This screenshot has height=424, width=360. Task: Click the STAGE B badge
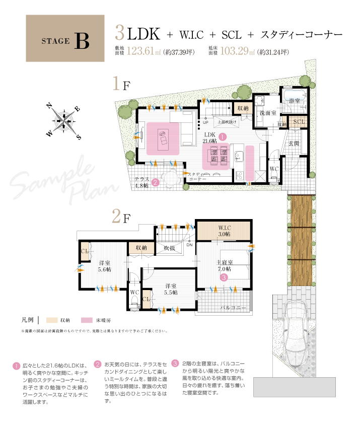tap(65, 38)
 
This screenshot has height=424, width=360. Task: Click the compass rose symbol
tap(64, 120)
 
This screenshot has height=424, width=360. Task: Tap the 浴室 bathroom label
tap(295, 101)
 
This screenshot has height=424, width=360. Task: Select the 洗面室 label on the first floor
tap(267, 113)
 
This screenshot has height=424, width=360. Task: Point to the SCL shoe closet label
tap(299, 122)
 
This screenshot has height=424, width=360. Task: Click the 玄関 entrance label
tap(294, 143)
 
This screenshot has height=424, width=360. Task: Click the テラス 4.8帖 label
tap(142, 182)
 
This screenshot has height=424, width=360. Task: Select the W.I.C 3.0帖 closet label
tap(224, 232)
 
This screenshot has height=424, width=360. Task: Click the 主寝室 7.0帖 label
tap(224, 266)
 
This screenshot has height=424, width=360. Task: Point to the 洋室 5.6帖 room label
tap(105, 267)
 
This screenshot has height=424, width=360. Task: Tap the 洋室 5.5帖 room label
tap(171, 290)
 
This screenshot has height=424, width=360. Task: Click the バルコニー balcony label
tap(233, 307)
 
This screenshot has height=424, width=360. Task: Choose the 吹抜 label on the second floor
tap(169, 248)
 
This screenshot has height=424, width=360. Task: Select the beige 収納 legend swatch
tap(52, 320)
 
